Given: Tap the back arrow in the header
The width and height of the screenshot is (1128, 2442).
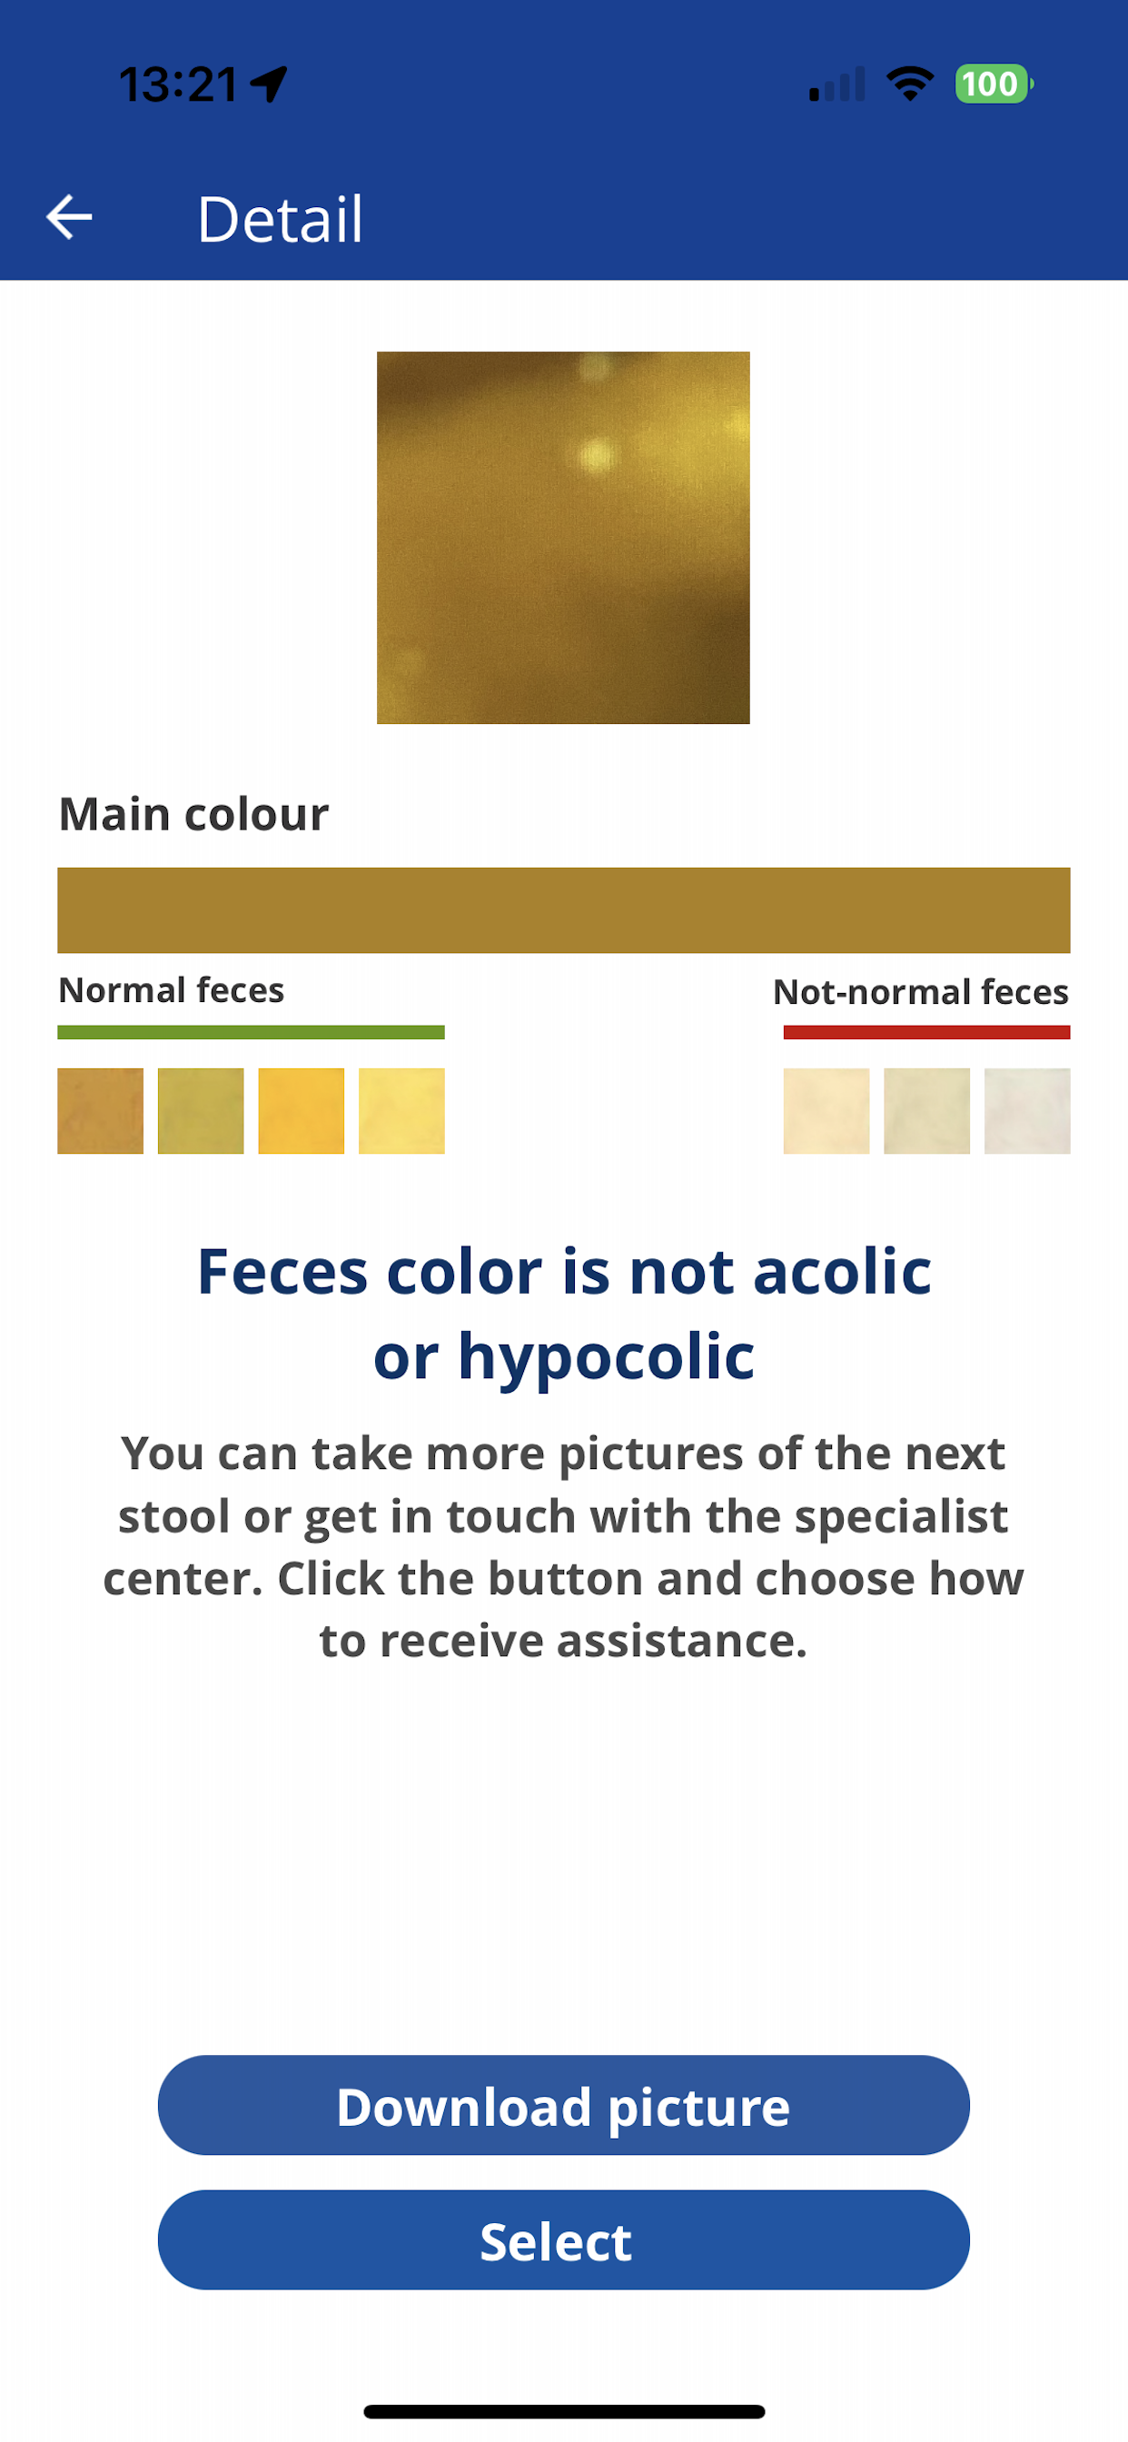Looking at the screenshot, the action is (69, 217).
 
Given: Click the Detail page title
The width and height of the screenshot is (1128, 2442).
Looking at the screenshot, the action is (280, 219).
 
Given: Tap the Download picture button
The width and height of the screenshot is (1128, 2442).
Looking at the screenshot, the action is (564, 2105).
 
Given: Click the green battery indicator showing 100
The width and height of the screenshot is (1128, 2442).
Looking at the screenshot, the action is (993, 84).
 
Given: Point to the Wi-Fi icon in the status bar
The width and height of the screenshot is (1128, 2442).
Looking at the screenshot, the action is (910, 84).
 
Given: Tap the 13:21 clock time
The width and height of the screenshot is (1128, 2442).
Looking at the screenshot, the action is (178, 84).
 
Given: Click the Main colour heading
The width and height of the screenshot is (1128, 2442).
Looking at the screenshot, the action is (193, 814).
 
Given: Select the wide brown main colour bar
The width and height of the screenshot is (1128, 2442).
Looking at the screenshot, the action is (564, 910).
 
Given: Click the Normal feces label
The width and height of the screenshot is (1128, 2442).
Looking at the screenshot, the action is (172, 990).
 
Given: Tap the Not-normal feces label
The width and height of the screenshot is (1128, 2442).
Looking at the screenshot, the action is (920, 991).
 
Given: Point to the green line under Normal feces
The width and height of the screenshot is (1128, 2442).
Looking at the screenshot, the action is (252, 1032).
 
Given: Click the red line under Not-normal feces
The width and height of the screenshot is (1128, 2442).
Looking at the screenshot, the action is (927, 1032).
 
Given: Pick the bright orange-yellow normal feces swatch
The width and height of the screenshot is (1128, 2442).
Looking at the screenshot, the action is (302, 1111).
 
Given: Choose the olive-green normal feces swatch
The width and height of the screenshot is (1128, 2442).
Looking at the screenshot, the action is (201, 1111).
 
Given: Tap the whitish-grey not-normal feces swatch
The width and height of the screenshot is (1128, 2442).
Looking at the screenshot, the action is (1027, 1111).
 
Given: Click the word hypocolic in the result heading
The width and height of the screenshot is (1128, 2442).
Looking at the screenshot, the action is (607, 1356).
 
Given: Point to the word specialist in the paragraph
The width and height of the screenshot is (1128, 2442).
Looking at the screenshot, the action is (902, 1517).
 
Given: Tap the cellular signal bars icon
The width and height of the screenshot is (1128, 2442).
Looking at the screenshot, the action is (837, 84).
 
